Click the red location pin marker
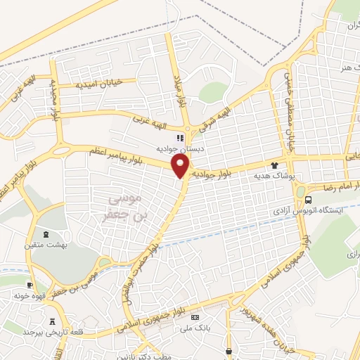click(181, 167)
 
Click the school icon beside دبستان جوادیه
click(181, 138)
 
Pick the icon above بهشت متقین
click(46, 233)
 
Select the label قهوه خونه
click(29, 296)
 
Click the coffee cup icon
click(29, 285)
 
